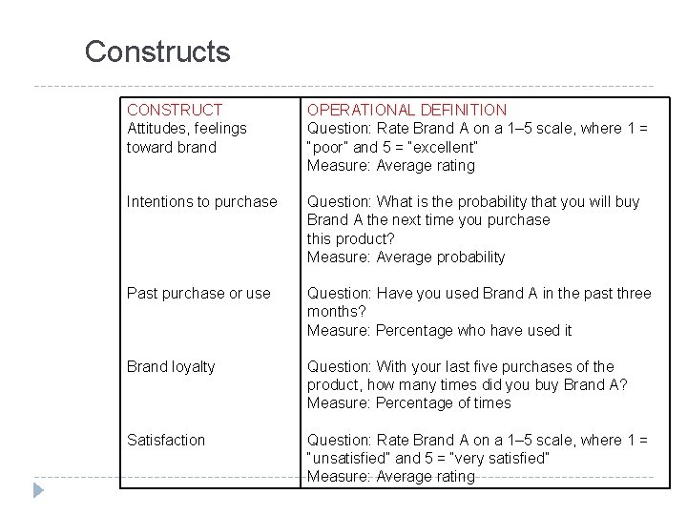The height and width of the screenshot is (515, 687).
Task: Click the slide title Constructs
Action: click(x=157, y=51)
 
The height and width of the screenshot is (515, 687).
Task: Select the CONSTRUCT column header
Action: click(x=175, y=111)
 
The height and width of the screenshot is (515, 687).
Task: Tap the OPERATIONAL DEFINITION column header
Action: click(x=406, y=111)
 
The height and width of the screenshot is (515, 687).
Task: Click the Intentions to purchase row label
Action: click(x=202, y=202)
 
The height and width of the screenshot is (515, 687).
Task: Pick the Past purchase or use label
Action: click(x=198, y=294)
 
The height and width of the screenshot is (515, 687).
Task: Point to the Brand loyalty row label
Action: click(x=171, y=367)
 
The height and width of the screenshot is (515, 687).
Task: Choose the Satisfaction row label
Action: click(x=166, y=441)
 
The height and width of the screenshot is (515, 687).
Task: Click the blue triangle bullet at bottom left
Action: click(x=38, y=491)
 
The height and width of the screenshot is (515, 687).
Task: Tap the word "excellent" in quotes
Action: click(x=444, y=148)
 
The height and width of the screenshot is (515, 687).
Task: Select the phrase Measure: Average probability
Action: click(x=406, y=257)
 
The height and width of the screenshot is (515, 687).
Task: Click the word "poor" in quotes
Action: click(x=328, y=148)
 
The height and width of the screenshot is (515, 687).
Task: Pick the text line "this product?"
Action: click(x=350, y=238)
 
